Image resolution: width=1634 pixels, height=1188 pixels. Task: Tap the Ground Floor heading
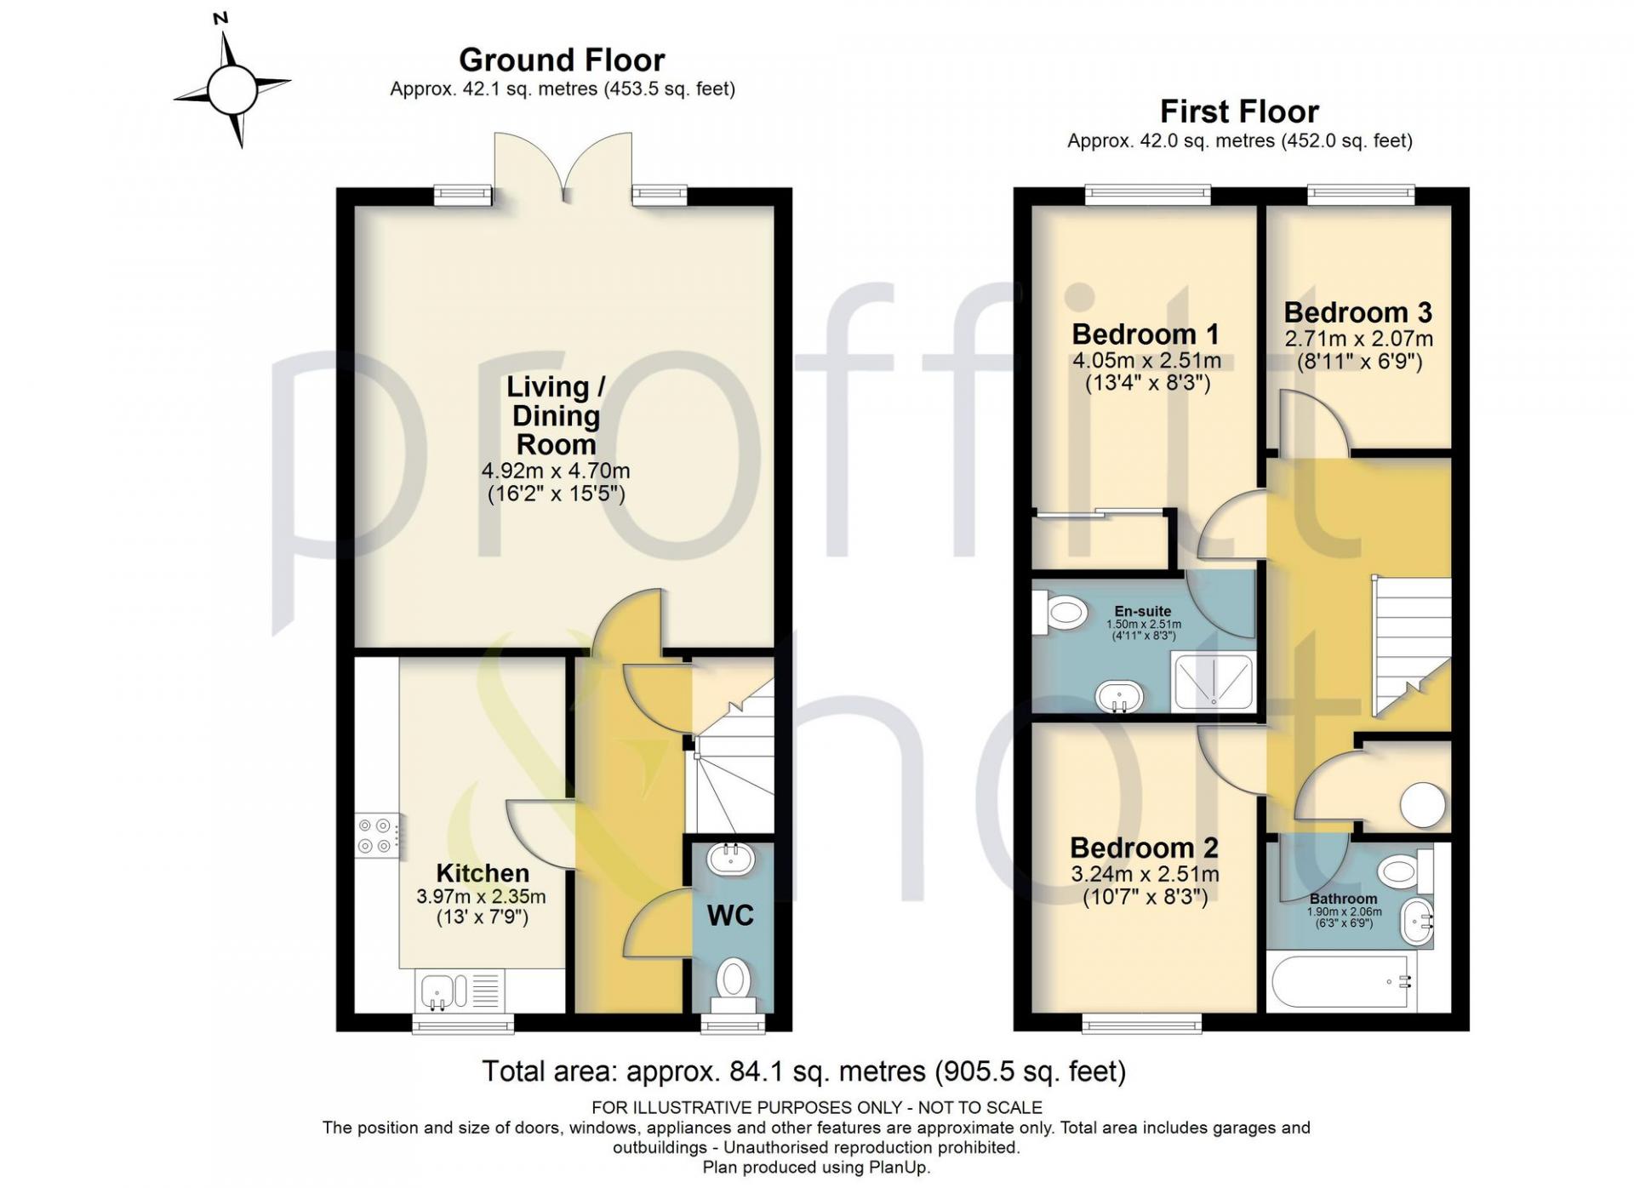click(x=562, y=60)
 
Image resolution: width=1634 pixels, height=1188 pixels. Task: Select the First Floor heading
click(x=1239, y=111)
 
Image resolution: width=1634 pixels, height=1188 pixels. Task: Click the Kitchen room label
click(x=483, y=873)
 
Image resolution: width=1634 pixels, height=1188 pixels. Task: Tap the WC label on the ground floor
click(x=730, y=916)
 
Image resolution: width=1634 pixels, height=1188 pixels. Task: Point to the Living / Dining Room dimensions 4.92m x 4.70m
click(x=556, y=471)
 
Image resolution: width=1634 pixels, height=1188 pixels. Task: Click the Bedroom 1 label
click(x=1146, y=334)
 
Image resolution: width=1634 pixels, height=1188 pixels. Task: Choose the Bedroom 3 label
click(x=1358, y=312)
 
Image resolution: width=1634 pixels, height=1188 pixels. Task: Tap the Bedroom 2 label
click(x=1144, y=848)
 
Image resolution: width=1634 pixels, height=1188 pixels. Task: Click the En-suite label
click(x=1143, y=611)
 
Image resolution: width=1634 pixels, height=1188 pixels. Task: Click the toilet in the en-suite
click(x=1060, y=611)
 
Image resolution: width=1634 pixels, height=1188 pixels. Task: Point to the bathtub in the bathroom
click(x=1340, y=982)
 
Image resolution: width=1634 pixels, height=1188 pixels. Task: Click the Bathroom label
click(x=1343, y=899)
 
